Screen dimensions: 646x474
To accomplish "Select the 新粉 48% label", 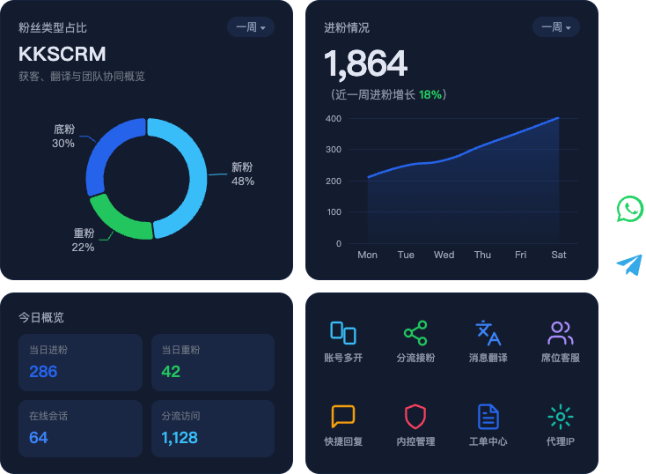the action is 243,174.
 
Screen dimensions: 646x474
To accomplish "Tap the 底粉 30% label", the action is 63,137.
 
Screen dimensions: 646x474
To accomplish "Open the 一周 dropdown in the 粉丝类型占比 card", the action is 251,27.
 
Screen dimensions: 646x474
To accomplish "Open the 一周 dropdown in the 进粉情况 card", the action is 555,27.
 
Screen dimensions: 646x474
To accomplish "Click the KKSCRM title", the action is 62,54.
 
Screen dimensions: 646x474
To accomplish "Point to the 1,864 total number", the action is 366,63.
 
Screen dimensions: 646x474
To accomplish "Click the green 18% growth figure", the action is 430,95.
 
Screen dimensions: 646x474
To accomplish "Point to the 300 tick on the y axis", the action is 334,150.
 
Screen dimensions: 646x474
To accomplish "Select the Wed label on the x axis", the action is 444,255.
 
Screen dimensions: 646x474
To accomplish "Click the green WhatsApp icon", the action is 630,209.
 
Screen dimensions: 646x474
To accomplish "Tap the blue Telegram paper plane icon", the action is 629,265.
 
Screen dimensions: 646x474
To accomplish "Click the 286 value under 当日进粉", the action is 43,372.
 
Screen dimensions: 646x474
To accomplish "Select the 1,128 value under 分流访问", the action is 180,438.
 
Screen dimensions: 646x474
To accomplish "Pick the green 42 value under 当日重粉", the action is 171,372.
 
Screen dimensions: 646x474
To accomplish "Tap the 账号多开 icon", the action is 342,332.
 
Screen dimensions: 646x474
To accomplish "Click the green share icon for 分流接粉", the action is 415,333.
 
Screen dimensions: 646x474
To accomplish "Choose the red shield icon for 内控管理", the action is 415,417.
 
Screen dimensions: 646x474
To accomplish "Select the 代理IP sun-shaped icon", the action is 561,417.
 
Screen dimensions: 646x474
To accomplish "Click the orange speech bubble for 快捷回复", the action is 342,417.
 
